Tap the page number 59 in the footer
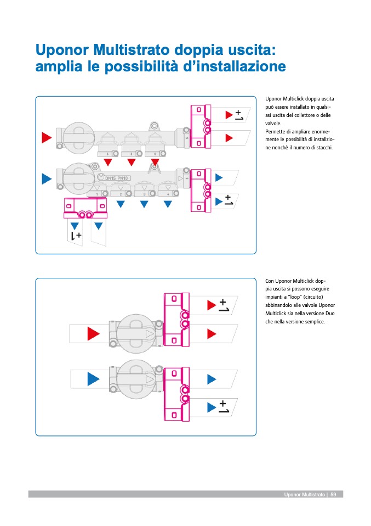click(x=333, y=495)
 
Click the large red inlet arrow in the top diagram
click(x=47, y=137)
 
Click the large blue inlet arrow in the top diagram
click(x=47, y=178)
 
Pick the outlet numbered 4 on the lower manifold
click(x=168, y=194)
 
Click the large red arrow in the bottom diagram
click(x=93, y=333)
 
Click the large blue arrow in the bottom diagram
click(x=93, y=378)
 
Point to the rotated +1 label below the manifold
click(x=76, y=236)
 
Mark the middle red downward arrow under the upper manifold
click(x=132, y=162)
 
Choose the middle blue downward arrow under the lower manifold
click(x=144, y=204)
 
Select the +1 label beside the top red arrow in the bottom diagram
click(x=224, y=305)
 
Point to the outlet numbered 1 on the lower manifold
click(x=97, y=194)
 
